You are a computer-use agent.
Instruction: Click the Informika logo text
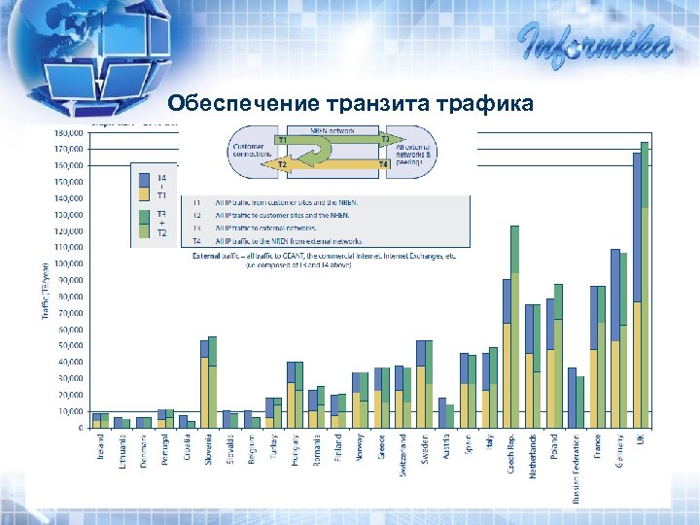(x=595, y=45)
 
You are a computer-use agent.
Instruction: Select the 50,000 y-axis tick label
(x=67, y=346)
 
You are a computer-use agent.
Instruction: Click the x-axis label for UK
(x=642, y=440)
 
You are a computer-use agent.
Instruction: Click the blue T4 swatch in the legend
(x=143, y=179)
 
